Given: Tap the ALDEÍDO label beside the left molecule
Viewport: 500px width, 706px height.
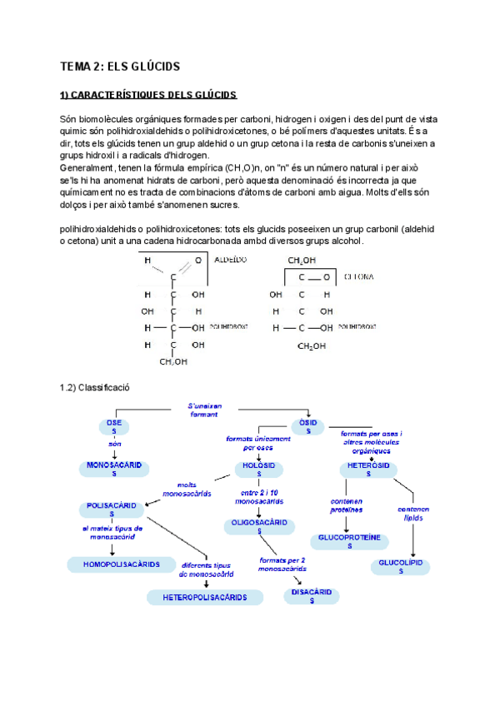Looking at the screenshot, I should point(231,261).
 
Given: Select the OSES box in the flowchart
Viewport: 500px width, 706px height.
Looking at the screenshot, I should point(114,427).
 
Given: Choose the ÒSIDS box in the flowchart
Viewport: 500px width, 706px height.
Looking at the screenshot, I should point(308,427).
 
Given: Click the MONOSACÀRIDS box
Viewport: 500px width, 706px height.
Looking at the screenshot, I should point(114,468).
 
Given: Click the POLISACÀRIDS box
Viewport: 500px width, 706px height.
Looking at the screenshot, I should point(114,510).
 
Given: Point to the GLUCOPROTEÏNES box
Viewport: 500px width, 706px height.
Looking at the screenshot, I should point(350,542).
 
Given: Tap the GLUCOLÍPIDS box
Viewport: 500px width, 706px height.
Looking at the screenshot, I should point(402,567).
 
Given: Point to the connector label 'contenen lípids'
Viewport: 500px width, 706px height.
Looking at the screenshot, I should point(413,513).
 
